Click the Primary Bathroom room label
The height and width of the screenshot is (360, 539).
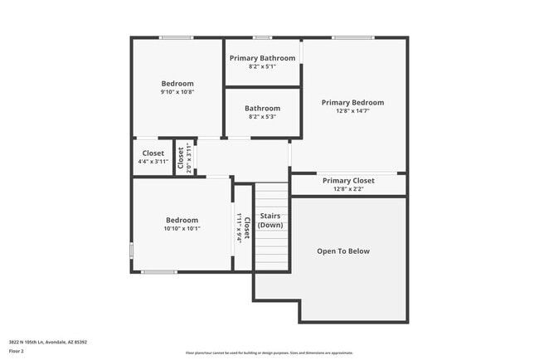click(262, 58)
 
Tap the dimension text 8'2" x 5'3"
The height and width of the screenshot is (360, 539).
click(262, 117)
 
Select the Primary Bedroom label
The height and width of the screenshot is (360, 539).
click(352, 103)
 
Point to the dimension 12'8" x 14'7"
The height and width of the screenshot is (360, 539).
click(352, 111)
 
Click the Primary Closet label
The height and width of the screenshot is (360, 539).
click(348, 180)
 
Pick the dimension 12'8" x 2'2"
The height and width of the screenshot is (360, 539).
click(348, 189)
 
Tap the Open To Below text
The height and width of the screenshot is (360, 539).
click(343, 251)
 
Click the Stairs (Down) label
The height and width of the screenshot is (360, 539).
click(270, 221)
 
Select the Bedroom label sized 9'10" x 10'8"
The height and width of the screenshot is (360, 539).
click(177, 83)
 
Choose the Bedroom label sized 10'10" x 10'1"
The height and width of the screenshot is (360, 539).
click(182, 220)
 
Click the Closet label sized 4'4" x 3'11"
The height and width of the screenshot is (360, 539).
click(153, 153)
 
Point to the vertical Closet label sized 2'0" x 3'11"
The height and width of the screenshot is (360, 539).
click(181, 157)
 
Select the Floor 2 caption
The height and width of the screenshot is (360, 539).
click(17, 352)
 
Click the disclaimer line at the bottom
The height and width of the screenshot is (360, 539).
click(269, 353)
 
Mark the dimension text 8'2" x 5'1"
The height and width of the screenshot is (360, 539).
click(262, 66)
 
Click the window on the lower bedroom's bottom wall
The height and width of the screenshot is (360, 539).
click(158, 271)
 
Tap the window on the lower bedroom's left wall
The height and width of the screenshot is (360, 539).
click(131, 250)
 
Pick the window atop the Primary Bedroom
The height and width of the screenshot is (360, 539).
click(352, 37)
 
